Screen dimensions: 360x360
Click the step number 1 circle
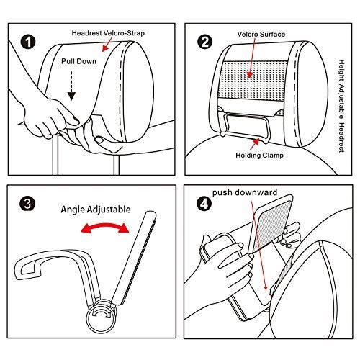pos(28,42)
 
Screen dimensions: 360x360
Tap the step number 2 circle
pos(204,42)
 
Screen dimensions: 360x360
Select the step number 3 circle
pos(27,204)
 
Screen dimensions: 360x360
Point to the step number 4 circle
pos(204,204)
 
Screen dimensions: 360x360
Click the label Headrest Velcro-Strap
pos(108,33)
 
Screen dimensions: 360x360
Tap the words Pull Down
pos(78,61)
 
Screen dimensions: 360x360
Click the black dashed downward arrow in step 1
pos(71,86)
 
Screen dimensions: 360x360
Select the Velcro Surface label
pos(261,34)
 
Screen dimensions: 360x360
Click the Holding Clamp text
pos(259,156)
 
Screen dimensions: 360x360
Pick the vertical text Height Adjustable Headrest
pos(341,106)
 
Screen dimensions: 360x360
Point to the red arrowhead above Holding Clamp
pos(256,142)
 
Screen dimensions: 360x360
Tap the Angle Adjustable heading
pos(96,210)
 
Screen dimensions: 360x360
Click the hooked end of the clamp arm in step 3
pos(27,269)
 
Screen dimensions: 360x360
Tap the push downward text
pos(245,192)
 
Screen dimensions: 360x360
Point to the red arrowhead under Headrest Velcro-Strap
pos(105,48)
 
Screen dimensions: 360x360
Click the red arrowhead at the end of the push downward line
pos(265,287)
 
